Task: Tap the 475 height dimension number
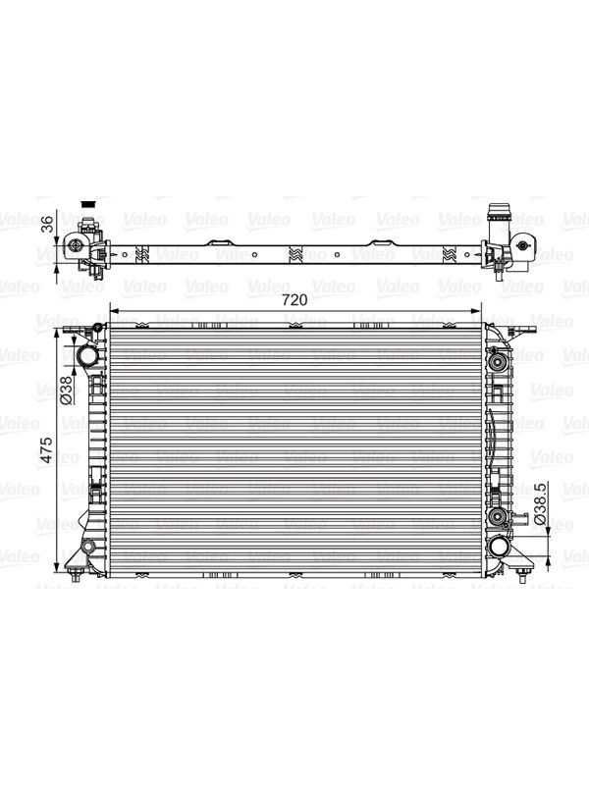click(46, 449)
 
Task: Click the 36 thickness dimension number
click(47, 224)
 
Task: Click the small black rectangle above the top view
click(88, 204)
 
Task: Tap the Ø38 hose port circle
click(86, 357)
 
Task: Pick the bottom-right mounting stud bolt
click(522, 576)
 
